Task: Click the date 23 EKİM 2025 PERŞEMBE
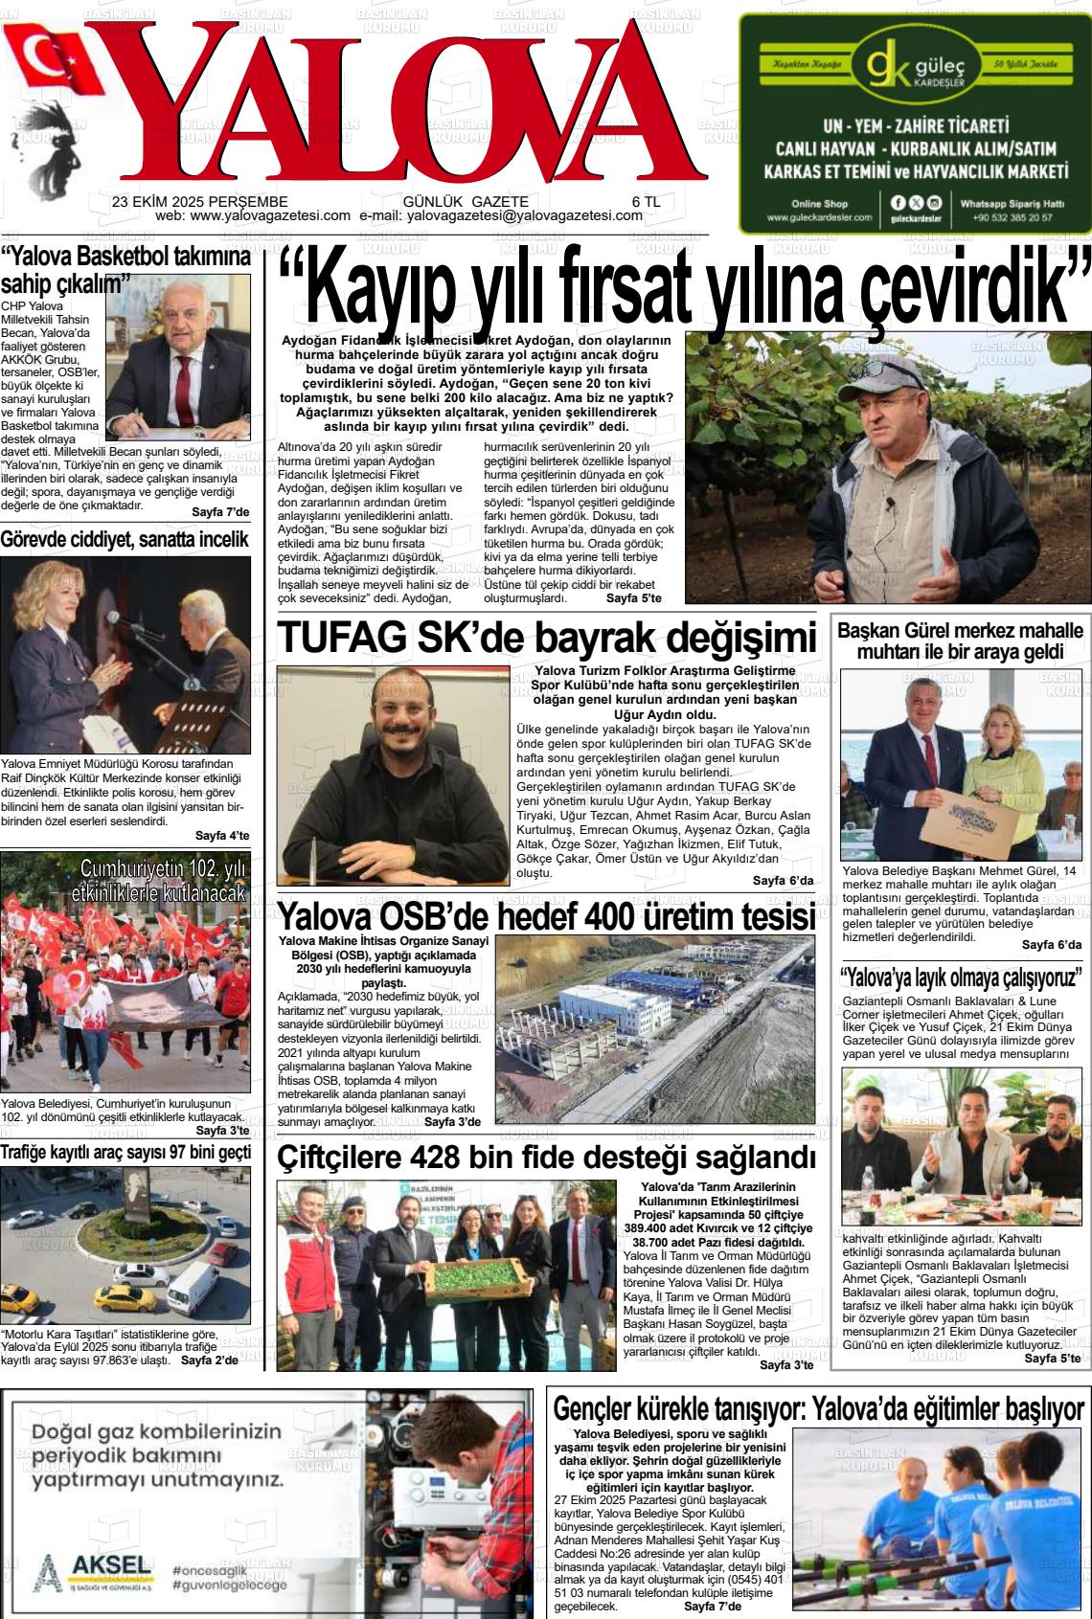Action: click(x=199, y=202)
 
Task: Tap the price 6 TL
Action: click(x=646, y=202)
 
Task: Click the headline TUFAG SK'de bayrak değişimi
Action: click(x=546, y=638)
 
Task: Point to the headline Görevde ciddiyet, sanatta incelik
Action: click(x=125, y=540)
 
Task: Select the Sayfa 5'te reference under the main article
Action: click(x=633, y=598)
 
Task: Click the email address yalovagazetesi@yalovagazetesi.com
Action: click(x=524, y=216)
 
